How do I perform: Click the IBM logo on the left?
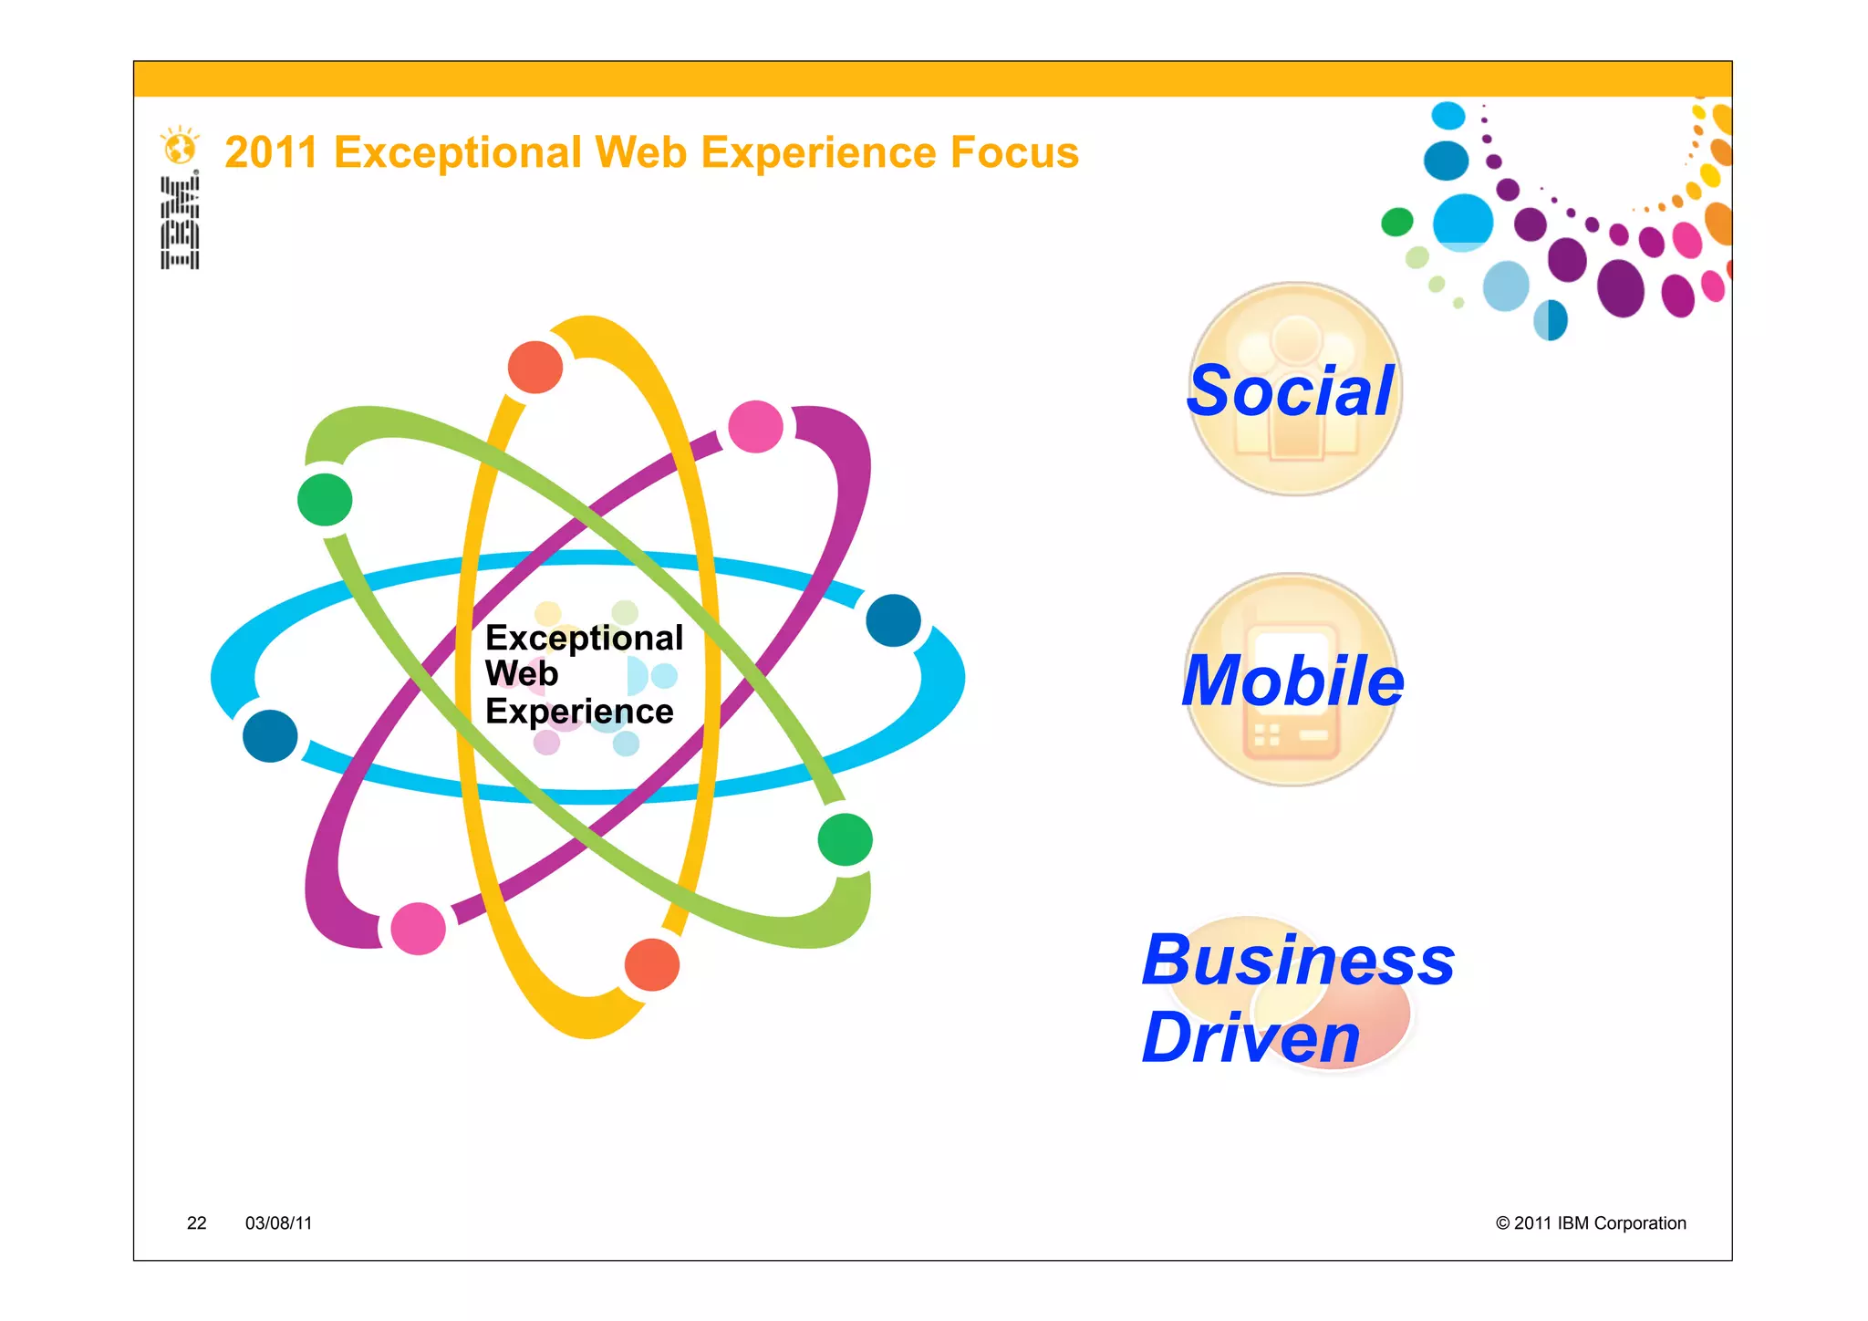coord(180,223)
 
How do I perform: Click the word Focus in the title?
coord(1014,152)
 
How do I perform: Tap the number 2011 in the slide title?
coord(271,152)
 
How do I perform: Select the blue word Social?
coord(1290,391)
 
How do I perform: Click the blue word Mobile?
coord(1292,681)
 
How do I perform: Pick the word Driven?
coord(1251,1038)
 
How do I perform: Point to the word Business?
coord(1298,961)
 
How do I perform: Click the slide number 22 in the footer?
coord(196,1223)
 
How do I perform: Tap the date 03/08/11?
coord(278,1223)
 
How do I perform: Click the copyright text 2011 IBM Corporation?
coord(1591,1223)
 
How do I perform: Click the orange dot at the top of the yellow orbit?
coord(535,367)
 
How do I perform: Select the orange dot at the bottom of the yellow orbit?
coord(652,964)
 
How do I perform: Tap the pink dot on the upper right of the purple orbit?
coord(756,426)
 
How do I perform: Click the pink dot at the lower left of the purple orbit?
coord(418,929)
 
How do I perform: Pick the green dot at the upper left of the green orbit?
coord(325,500)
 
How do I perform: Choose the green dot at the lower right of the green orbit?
coord(846,839)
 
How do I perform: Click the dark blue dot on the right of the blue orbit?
coord(893,620)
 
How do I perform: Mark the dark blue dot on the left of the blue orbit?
coord(270,736)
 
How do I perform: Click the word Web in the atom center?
coord(521,674)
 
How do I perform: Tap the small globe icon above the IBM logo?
coord(180,146)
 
